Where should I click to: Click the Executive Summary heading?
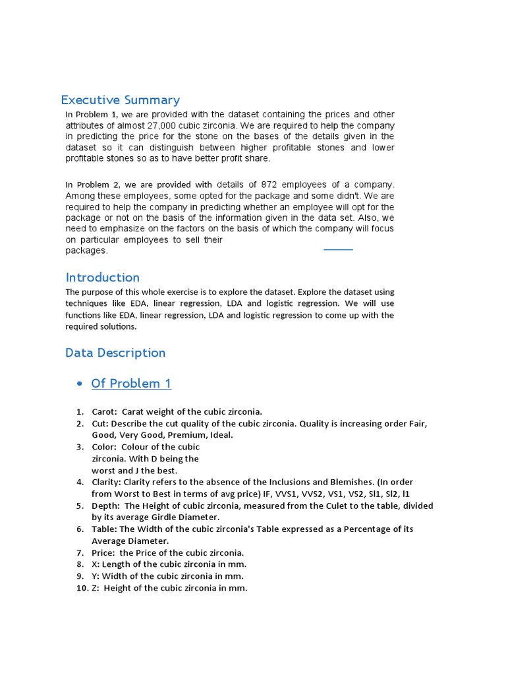pyautogui.click(x=120, y=100)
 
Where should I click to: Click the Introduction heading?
pyautogui.click(x=102, y=278)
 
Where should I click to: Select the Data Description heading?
pyautogui.click(x=115, y=353)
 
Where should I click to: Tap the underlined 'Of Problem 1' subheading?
pyautogui.click(x=131, y=384)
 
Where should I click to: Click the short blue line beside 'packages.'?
pyautogui.click(x=338, y=250)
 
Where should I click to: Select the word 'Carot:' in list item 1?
pyautogui.click(x=105, y=411)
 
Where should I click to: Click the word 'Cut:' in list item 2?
pyautogui.click(x=100, y=423)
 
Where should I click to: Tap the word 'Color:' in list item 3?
pyautogui.click(x=104, y=447)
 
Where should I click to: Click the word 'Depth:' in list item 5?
pyautogui.click(x=105, y=506)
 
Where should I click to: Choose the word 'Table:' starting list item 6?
pyautogui.click(x=105, y=529)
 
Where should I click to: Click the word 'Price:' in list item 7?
pyautogui.click(x=104, y=552)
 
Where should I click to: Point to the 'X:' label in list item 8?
pyautogui.click(x=96, y=564)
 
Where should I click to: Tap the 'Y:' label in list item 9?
pyautogui.click(x=96, y=576)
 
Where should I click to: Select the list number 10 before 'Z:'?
pyautogui.click(x=82, y=588)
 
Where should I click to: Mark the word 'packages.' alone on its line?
pyautogui.click(x=86, y=251)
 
